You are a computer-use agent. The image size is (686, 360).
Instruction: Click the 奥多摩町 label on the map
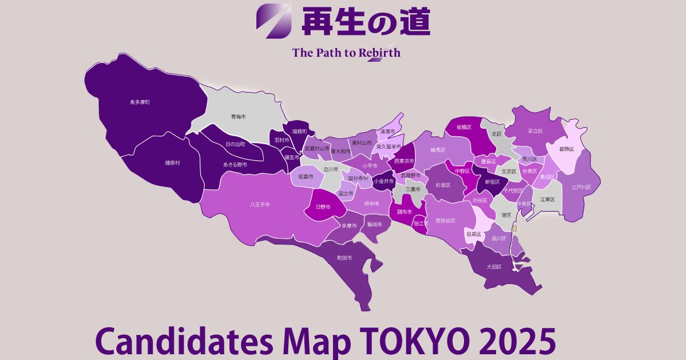[140, 102]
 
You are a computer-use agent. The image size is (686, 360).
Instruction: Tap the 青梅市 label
[238, 117]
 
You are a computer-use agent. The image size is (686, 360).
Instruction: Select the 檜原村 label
[172, 163]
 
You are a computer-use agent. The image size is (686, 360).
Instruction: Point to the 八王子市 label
[260, 204]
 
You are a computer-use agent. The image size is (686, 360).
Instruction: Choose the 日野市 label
[323, 207]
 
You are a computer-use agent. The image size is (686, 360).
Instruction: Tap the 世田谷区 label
[445, 220]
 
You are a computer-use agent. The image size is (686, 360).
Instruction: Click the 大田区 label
[494, 267]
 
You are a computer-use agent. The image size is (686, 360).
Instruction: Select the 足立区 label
[535, 131]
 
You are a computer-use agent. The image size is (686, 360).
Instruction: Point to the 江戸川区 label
[581, 187]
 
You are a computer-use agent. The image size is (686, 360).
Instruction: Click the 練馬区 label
[438, 150]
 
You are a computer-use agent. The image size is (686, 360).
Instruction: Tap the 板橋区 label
[463, 127]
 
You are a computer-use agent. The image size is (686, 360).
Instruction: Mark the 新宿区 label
[492, 181]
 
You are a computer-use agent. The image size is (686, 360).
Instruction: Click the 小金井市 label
[383, 181]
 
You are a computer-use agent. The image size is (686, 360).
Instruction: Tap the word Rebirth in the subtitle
[379, 53]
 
